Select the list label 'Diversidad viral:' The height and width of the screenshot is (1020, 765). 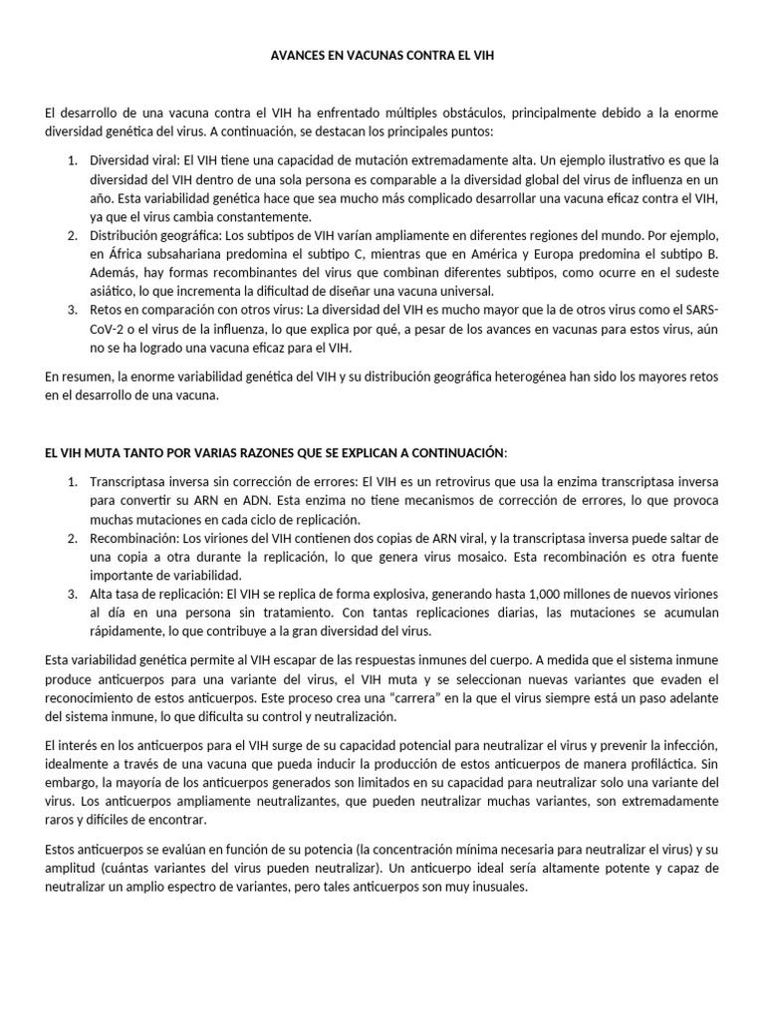tap(134, 160)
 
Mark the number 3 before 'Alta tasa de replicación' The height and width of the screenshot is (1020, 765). tap(73, 595)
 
